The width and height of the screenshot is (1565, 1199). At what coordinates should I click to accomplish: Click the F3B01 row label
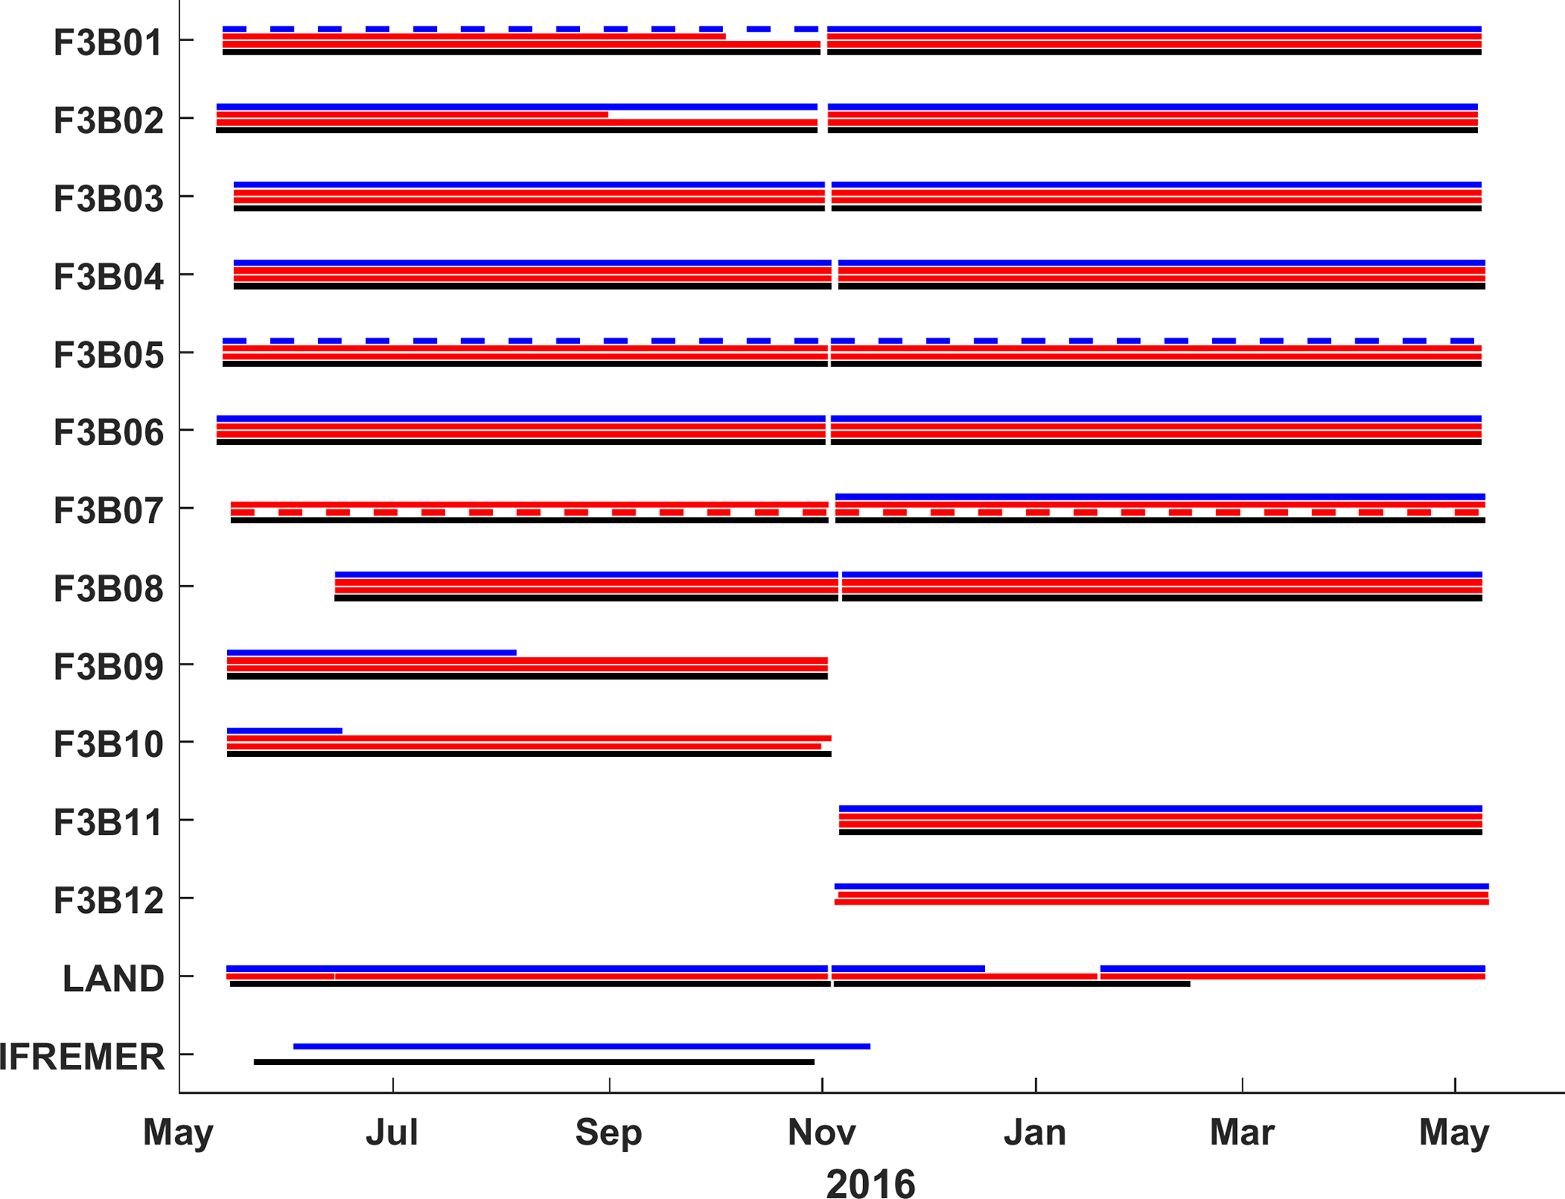[x=108, y=42]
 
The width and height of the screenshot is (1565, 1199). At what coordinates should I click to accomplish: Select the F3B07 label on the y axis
[x=108, y=510]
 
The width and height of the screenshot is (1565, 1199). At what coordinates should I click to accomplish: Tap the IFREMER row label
[x=82, y=1056]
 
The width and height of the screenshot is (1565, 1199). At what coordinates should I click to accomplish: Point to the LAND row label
[x=113, y=978]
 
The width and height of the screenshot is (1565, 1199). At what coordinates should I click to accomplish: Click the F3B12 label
[x=108, y=900]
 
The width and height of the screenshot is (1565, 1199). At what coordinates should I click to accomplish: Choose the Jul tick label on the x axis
[x=392, y=1132]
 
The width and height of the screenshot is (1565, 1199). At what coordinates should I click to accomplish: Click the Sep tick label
[x=609, y=1132]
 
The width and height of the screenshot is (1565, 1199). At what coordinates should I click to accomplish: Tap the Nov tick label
[x=821, y=1132]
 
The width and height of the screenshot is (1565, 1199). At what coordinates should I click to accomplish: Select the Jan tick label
[x=1035, y=1132]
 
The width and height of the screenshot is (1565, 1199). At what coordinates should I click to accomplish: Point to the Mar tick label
[x=1242, y=1132]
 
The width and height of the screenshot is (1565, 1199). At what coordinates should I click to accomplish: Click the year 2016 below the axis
[x=870, y=1183]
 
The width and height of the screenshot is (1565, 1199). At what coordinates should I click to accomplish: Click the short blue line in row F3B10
[x=285, y=730]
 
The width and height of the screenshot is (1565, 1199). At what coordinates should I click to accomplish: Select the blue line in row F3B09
[x=371, y=652]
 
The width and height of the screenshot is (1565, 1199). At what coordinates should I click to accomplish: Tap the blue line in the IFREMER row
[x=581, y=1046]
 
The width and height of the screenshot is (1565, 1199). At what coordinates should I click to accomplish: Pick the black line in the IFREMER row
[x=534, y=1062]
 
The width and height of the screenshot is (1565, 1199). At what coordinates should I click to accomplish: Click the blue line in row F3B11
[x=1160, y=808]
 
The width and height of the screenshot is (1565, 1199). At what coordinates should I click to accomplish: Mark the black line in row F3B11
[x=1160, y=832]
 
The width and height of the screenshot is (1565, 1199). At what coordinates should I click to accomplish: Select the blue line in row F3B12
[x=1161, y=886]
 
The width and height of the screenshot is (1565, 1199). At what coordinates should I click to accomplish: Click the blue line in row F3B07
[x=1160, y=497]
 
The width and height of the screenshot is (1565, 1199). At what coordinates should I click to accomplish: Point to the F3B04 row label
[x=108, y=276]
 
